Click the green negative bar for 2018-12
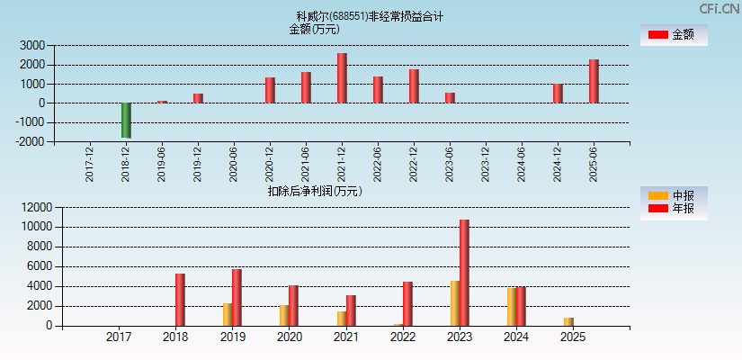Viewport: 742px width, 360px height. (x=126, y=120)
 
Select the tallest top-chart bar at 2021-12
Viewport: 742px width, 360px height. (x=342, y=78)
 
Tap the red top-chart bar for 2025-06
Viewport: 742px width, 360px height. (x=594, y=81)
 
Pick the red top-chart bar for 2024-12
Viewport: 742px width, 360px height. (x=558, y=94)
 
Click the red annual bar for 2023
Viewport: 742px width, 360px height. (x=464, y=273)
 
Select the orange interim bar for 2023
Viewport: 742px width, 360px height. (x=455, y=303)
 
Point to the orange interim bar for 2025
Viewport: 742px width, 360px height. (x=568, y=322)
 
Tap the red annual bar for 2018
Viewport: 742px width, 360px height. (x=180, y=300)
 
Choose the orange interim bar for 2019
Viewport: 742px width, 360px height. (x=228, y=315)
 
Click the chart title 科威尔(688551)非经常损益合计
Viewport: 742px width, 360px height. (x=370, y=16)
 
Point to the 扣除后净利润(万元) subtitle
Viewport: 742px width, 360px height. (x=314, y=191)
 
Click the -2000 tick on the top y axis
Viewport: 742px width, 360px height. (x=31, y=141)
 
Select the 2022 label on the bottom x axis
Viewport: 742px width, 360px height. (x=402, y=337)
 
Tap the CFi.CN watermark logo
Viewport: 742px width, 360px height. (x=719, y=8)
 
